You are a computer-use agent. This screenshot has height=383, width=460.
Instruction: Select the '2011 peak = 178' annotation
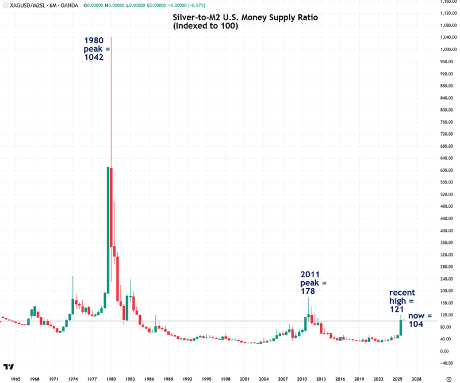pos(313,284)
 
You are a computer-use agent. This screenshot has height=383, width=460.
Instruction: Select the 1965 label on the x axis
pos(15,379)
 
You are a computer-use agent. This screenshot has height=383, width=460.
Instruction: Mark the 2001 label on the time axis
pos(244,379)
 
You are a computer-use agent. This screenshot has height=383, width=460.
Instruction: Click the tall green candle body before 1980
pos(108,230)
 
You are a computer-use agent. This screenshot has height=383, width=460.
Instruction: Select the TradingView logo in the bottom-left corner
pos(9,367)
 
